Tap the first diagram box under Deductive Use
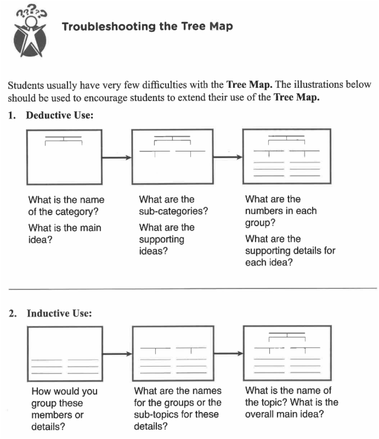[64, 157]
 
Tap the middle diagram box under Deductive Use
[172, 157]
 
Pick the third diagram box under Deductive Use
[287, 157]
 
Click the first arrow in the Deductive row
[117, 158]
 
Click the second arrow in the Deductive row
[227, 158]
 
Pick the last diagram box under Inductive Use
[287, 354]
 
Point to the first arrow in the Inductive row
[117, 354]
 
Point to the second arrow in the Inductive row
[227, 354]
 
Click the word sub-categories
[173, 211]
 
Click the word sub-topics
[191, 414]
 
